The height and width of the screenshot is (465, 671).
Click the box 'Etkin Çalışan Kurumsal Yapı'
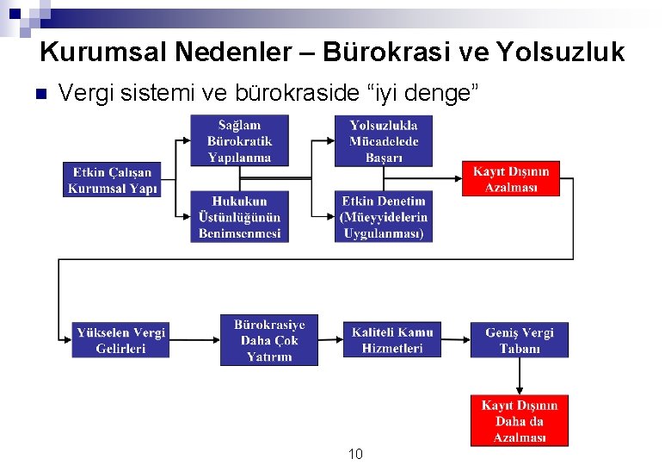(111, 180)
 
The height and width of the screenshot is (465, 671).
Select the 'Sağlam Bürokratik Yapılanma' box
(239, 140)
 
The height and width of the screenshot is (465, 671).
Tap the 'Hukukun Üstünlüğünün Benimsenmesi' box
(239, 216)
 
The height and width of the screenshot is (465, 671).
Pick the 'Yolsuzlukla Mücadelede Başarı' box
(383, 141)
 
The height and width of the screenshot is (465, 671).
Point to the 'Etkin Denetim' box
(383, 216)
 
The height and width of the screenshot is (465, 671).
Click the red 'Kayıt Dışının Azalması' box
(510, 179)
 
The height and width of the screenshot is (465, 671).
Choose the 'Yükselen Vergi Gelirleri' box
(121, 340)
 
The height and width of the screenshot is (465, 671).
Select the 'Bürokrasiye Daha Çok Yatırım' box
(268, 340)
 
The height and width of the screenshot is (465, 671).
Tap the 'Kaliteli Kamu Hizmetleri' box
(391, 340)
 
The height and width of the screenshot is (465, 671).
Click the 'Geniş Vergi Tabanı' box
(519, 340)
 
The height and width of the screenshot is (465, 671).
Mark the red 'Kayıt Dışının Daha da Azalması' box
(519, 420)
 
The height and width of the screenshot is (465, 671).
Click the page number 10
(355, 454)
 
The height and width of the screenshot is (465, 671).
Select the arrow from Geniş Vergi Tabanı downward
(519, 376)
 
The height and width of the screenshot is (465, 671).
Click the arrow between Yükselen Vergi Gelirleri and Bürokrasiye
(194, 340)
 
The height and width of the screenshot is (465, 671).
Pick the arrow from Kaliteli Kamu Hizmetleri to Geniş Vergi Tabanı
(455, 340)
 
